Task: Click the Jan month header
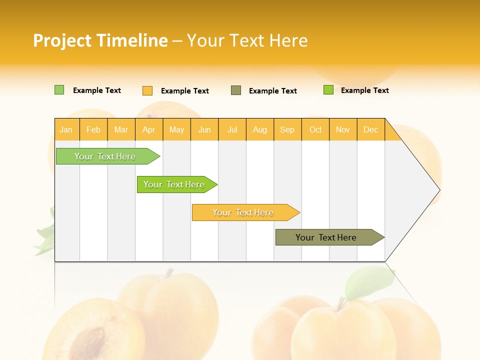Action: click(66, 129)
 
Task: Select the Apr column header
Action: click(149, 129)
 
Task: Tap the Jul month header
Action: click(232, 129)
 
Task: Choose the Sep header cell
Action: click(287, 129)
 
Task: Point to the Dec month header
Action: click(370, 129)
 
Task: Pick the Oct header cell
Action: click(315, 129)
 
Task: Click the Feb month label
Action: click(93, 129)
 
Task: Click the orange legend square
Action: click(147, 90)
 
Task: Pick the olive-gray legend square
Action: click(236, 90)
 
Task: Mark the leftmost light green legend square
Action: click(59, 90)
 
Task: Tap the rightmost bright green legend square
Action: click(328, 90)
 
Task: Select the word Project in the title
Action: click(62, 40)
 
